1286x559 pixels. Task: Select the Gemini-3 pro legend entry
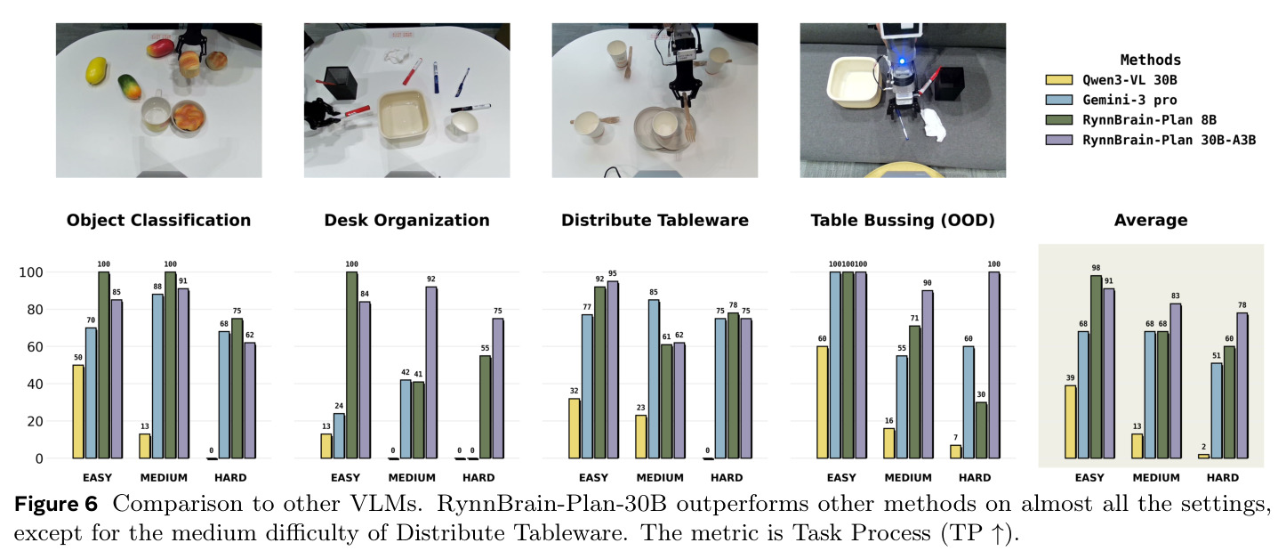tap(1111, 100)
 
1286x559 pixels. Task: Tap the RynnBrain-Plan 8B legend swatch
tap(1058, 120)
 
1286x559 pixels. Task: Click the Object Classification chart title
tap(158, 220)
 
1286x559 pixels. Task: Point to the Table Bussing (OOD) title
tap(903, 220)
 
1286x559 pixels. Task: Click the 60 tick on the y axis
tap(31, 346)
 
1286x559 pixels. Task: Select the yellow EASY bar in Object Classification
tap(78, 411)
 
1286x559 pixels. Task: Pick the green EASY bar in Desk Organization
tap(351, 365)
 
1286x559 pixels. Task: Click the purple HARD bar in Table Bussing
tap(993, 365)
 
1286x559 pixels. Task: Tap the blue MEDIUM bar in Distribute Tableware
tap(654, 379)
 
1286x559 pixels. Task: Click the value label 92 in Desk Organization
tap(431, 279)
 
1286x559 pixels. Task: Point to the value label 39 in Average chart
tap(1070, 378)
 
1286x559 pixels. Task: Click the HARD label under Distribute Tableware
tap(727, 477)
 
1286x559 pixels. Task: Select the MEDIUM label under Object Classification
tap(164, 477)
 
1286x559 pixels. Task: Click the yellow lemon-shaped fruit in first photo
tap(96, 70)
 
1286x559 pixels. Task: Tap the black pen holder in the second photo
tap(340, 84)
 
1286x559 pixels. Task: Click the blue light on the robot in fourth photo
tap(902, 61)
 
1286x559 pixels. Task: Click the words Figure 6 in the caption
tap(56, 504)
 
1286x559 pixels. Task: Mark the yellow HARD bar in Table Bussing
tap(955, 451)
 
